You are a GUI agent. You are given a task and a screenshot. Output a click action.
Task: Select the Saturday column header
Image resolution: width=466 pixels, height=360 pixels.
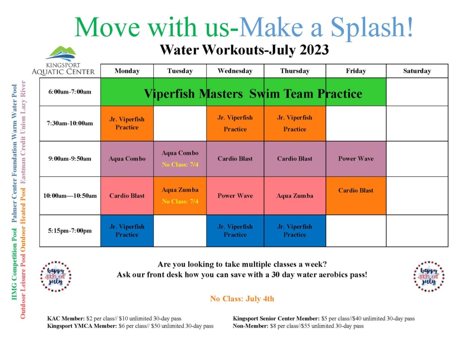417,71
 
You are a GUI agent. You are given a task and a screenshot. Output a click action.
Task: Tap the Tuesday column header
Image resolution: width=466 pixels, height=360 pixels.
180,71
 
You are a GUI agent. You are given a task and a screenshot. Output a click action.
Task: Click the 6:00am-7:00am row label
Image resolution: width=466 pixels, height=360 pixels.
70,92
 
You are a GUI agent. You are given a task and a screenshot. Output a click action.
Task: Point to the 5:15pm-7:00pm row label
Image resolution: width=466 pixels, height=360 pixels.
70,231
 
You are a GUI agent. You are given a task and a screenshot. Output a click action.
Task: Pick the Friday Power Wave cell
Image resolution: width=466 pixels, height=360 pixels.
356,159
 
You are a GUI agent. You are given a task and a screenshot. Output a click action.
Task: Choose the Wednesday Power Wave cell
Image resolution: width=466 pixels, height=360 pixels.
235,196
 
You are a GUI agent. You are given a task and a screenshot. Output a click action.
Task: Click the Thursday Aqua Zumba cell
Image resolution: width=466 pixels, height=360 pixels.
295,196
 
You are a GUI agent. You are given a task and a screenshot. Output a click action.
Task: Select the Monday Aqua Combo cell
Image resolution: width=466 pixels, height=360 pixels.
127,159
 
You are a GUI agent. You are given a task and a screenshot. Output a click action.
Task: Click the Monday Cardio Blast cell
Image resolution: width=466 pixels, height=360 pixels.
127,196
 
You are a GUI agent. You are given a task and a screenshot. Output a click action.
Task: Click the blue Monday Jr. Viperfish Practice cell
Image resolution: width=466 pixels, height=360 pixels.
127,231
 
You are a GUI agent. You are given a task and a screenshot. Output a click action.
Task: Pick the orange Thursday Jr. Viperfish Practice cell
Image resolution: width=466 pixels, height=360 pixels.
295,123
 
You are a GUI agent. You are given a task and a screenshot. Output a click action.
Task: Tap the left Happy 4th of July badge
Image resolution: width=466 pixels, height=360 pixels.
56,276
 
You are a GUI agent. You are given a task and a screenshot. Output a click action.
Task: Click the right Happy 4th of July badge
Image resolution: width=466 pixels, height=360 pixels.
429,276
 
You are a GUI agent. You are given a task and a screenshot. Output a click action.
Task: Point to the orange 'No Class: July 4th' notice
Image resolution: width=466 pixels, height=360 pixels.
242,299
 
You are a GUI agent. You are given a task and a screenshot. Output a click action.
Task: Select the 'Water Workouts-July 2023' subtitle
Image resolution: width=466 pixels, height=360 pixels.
244,50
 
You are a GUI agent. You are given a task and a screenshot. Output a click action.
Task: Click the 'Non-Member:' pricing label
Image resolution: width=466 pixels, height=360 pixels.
251,326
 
